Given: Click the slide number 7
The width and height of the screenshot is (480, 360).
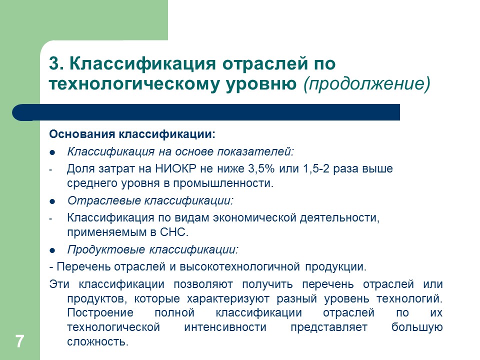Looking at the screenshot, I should coord(19,342).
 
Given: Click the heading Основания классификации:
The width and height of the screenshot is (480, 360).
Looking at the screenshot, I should coord(132,135).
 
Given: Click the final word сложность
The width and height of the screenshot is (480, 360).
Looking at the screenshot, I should coord(97,342).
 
